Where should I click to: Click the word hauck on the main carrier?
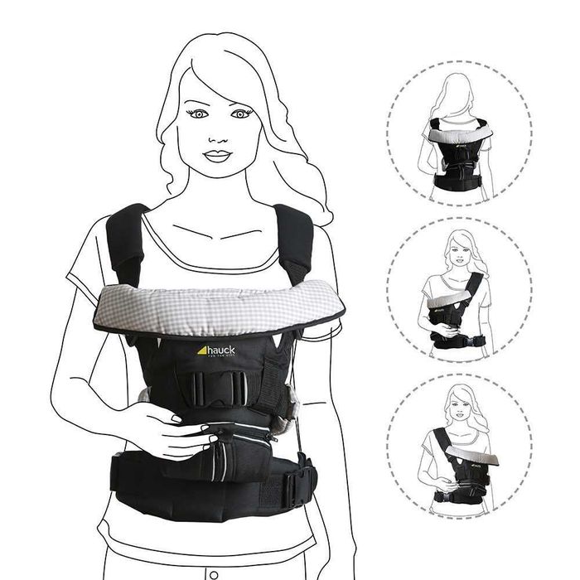[x=220, y=350]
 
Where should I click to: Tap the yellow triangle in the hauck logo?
[x=201, y=349]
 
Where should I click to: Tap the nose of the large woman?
[x=220, y=135]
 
